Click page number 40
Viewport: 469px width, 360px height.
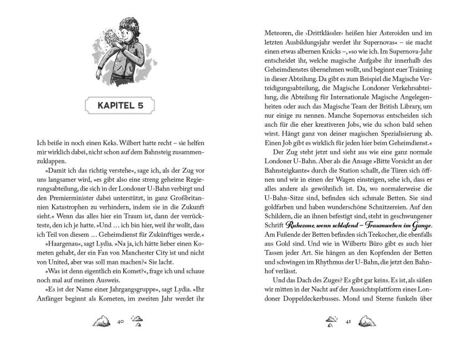click(x=120, y=322)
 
